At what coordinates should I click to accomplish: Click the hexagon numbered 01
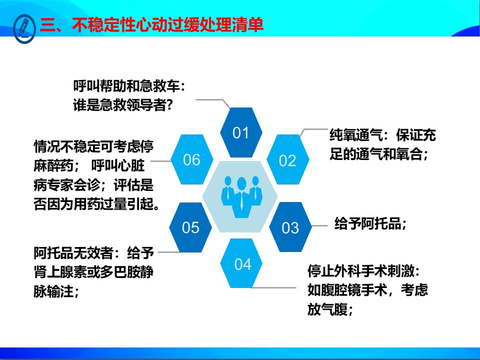(x=241, y=132)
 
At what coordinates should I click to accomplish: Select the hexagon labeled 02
(x=288, y=160)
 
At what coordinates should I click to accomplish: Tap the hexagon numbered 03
(x=290, y=227)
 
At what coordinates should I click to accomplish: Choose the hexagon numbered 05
(x=190, y=227)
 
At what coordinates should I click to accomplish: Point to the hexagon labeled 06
(x=192, y=159)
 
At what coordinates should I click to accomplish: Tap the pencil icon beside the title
(x=24, y=28)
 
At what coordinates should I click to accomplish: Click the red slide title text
(x=151, y=24)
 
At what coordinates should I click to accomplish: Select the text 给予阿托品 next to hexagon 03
(x=367, y=223)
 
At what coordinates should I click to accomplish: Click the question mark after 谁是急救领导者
(x=170, y=105)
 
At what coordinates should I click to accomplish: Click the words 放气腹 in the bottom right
(x=327, y=309)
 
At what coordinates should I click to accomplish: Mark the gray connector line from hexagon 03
(x=319, y=226)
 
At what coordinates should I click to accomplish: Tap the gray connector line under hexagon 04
(x=273, y=287)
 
